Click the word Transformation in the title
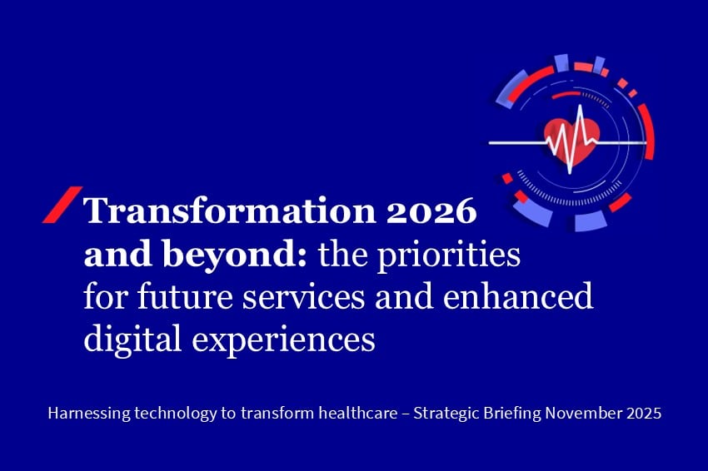point(229,211)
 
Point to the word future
point(185,297)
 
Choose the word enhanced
point(518,296)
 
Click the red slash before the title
point(62,205)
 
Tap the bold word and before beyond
point(120,254)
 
